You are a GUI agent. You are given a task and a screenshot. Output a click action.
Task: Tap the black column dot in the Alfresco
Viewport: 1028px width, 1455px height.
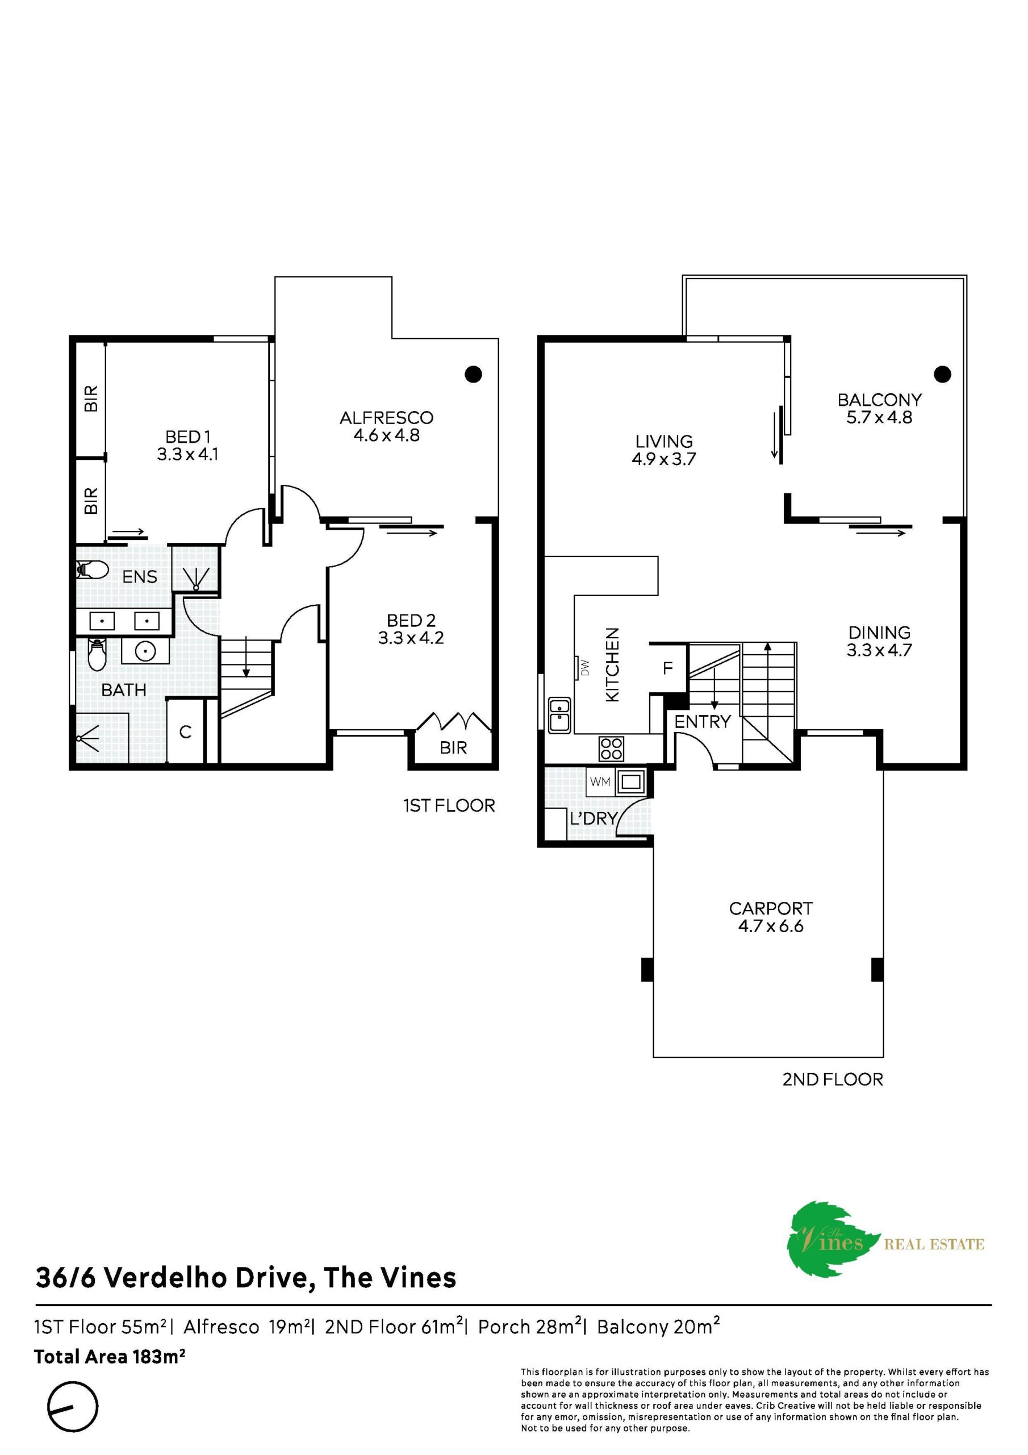[x=473, y=374]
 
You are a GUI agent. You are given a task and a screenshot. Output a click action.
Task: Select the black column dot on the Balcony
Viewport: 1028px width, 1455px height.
[x=942, y=374]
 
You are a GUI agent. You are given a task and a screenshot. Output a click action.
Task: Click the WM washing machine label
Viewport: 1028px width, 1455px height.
[x=600, y=782]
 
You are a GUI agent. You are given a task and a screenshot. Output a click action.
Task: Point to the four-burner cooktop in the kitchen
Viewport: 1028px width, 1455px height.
[x=611, y=749]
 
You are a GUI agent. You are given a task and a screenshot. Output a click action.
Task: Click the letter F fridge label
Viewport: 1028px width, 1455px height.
[x=667, y=668]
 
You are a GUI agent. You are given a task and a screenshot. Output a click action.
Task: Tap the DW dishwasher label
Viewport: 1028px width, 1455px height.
[x=584, y=668]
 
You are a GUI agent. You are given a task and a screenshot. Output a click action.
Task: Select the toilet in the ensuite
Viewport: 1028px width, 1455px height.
[x=91, y=569]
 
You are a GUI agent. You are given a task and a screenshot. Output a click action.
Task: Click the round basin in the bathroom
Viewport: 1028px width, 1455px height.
[x=146, y=650]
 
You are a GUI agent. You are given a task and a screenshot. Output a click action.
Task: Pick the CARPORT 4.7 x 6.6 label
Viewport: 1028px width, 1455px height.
[x=770, y=917]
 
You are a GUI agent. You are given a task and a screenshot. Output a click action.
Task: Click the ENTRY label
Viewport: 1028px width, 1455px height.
[x=703, y=721]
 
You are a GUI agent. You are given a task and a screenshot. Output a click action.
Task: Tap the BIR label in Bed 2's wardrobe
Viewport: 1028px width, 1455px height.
[x=453, y=748]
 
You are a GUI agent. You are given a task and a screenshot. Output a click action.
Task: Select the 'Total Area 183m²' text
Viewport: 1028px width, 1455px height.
[x=110, y=1356]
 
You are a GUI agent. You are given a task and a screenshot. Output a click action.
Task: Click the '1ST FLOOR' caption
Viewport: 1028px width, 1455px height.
[x=449, y=805]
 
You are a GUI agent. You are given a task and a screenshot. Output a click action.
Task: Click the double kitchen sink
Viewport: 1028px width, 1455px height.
[x=559, y=715]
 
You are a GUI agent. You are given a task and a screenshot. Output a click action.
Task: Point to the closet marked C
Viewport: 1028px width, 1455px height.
[x=186, y=731]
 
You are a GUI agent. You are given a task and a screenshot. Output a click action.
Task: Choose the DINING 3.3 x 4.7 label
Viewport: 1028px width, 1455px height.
[x=879, y=641]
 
